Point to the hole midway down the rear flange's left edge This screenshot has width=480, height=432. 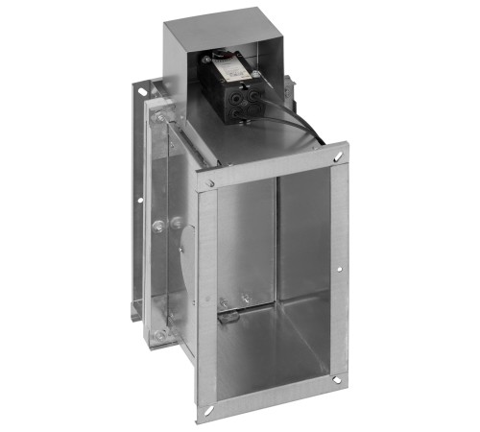point(139,203)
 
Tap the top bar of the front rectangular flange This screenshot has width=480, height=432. point(269,165)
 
